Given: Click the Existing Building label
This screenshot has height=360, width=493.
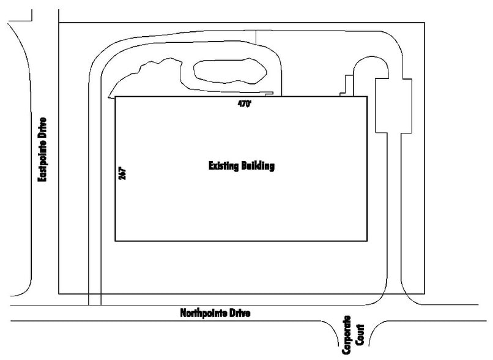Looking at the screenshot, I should (241, 165).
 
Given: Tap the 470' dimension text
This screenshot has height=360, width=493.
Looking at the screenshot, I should (245, 104).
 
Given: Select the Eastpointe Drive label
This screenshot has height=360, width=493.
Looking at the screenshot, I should (42, 150).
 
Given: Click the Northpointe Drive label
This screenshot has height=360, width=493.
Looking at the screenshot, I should (215, 313).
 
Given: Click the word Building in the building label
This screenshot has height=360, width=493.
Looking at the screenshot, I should (258, 165).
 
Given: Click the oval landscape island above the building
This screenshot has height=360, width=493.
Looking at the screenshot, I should (229, 72).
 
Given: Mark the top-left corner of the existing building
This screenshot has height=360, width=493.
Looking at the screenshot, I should (116, 97).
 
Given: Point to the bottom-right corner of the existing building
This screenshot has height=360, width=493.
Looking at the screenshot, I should (367, 241).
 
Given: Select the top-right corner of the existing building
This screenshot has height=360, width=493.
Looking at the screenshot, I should (367, 97).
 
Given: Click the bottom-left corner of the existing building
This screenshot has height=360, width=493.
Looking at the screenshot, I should (116, 241).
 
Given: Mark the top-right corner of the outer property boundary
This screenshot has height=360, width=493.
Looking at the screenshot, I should (424, 23).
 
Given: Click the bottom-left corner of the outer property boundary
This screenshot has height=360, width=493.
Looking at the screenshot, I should (58, 294).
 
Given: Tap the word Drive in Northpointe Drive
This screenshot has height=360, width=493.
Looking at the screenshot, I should (240, 313).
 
